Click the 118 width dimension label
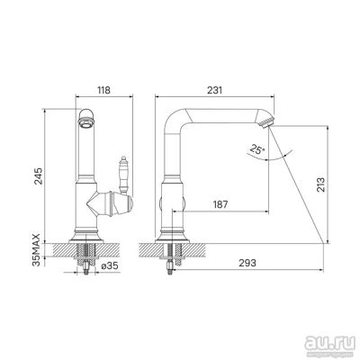click(x=104, y=90)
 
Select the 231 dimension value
click(x=215, y=90)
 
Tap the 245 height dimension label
click(x=39, y=175)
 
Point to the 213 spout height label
click(x=320, y=184)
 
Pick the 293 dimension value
click(x=247, y=263)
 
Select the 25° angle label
click(x=256, y=149)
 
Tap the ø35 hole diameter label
click(x=110, y=265)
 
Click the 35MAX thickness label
click(x=37, y=249)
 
